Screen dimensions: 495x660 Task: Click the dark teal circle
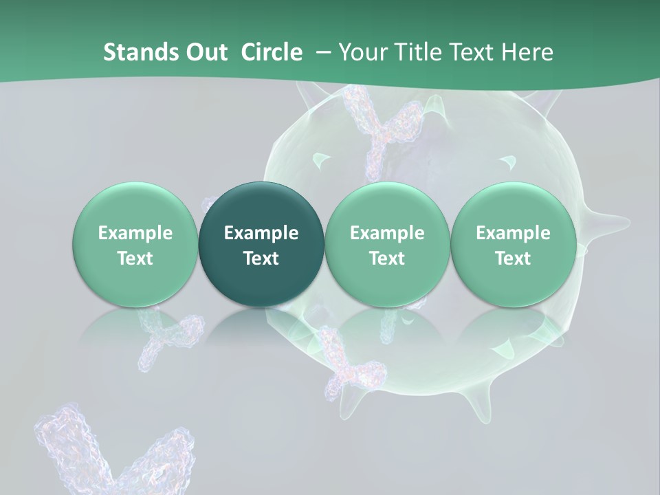click(261, 244)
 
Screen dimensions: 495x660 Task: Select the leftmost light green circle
click(135, 244)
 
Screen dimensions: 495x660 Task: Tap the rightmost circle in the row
click(513, 244)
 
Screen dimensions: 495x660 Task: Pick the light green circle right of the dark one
click(387, 244)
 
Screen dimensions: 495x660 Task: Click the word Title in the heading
click(418, 52)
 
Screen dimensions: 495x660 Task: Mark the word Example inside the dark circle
click(261, 233)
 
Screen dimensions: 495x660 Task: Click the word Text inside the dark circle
click(261, 258)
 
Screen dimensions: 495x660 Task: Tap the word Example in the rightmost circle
click(513, 233)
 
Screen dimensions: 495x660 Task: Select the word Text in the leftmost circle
click(135, 258)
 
